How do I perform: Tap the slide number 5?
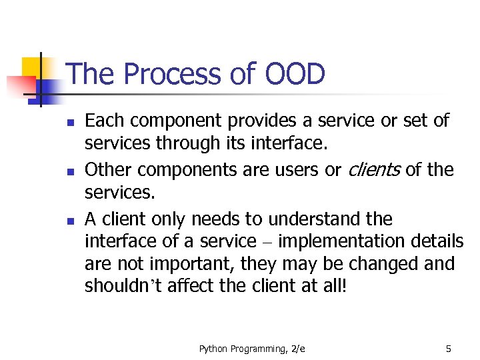(x=449, y=348)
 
